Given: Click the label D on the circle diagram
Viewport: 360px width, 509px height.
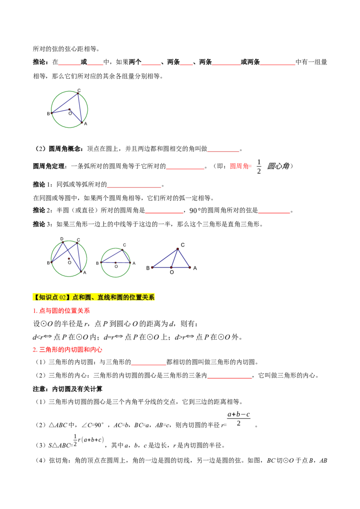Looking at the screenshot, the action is point(62,239).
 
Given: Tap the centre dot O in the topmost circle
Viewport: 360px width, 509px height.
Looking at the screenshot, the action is point(70,110).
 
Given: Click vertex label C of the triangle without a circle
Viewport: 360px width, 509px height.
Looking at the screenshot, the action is point(183,245).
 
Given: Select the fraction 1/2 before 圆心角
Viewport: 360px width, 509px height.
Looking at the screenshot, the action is point(259,166).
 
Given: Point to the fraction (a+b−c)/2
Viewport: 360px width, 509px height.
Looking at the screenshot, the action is point(238,419).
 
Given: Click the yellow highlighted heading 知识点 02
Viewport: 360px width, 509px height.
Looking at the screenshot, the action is point(94,297).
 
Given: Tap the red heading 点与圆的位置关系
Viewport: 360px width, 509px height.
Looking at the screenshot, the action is point(61,311).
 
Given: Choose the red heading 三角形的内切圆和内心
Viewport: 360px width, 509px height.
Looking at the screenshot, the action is point(67,350).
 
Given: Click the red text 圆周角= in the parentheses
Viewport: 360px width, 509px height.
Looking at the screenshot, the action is point(241,166).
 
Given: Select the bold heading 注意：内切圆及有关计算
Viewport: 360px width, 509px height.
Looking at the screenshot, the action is point(67,389).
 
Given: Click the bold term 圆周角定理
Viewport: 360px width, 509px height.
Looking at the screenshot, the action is point(49,166).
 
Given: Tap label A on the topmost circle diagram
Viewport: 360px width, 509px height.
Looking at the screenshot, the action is point(85,124).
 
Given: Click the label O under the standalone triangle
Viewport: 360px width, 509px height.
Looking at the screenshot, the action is point(172,272).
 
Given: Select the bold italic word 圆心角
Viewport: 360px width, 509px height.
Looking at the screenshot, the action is point(278,166).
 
